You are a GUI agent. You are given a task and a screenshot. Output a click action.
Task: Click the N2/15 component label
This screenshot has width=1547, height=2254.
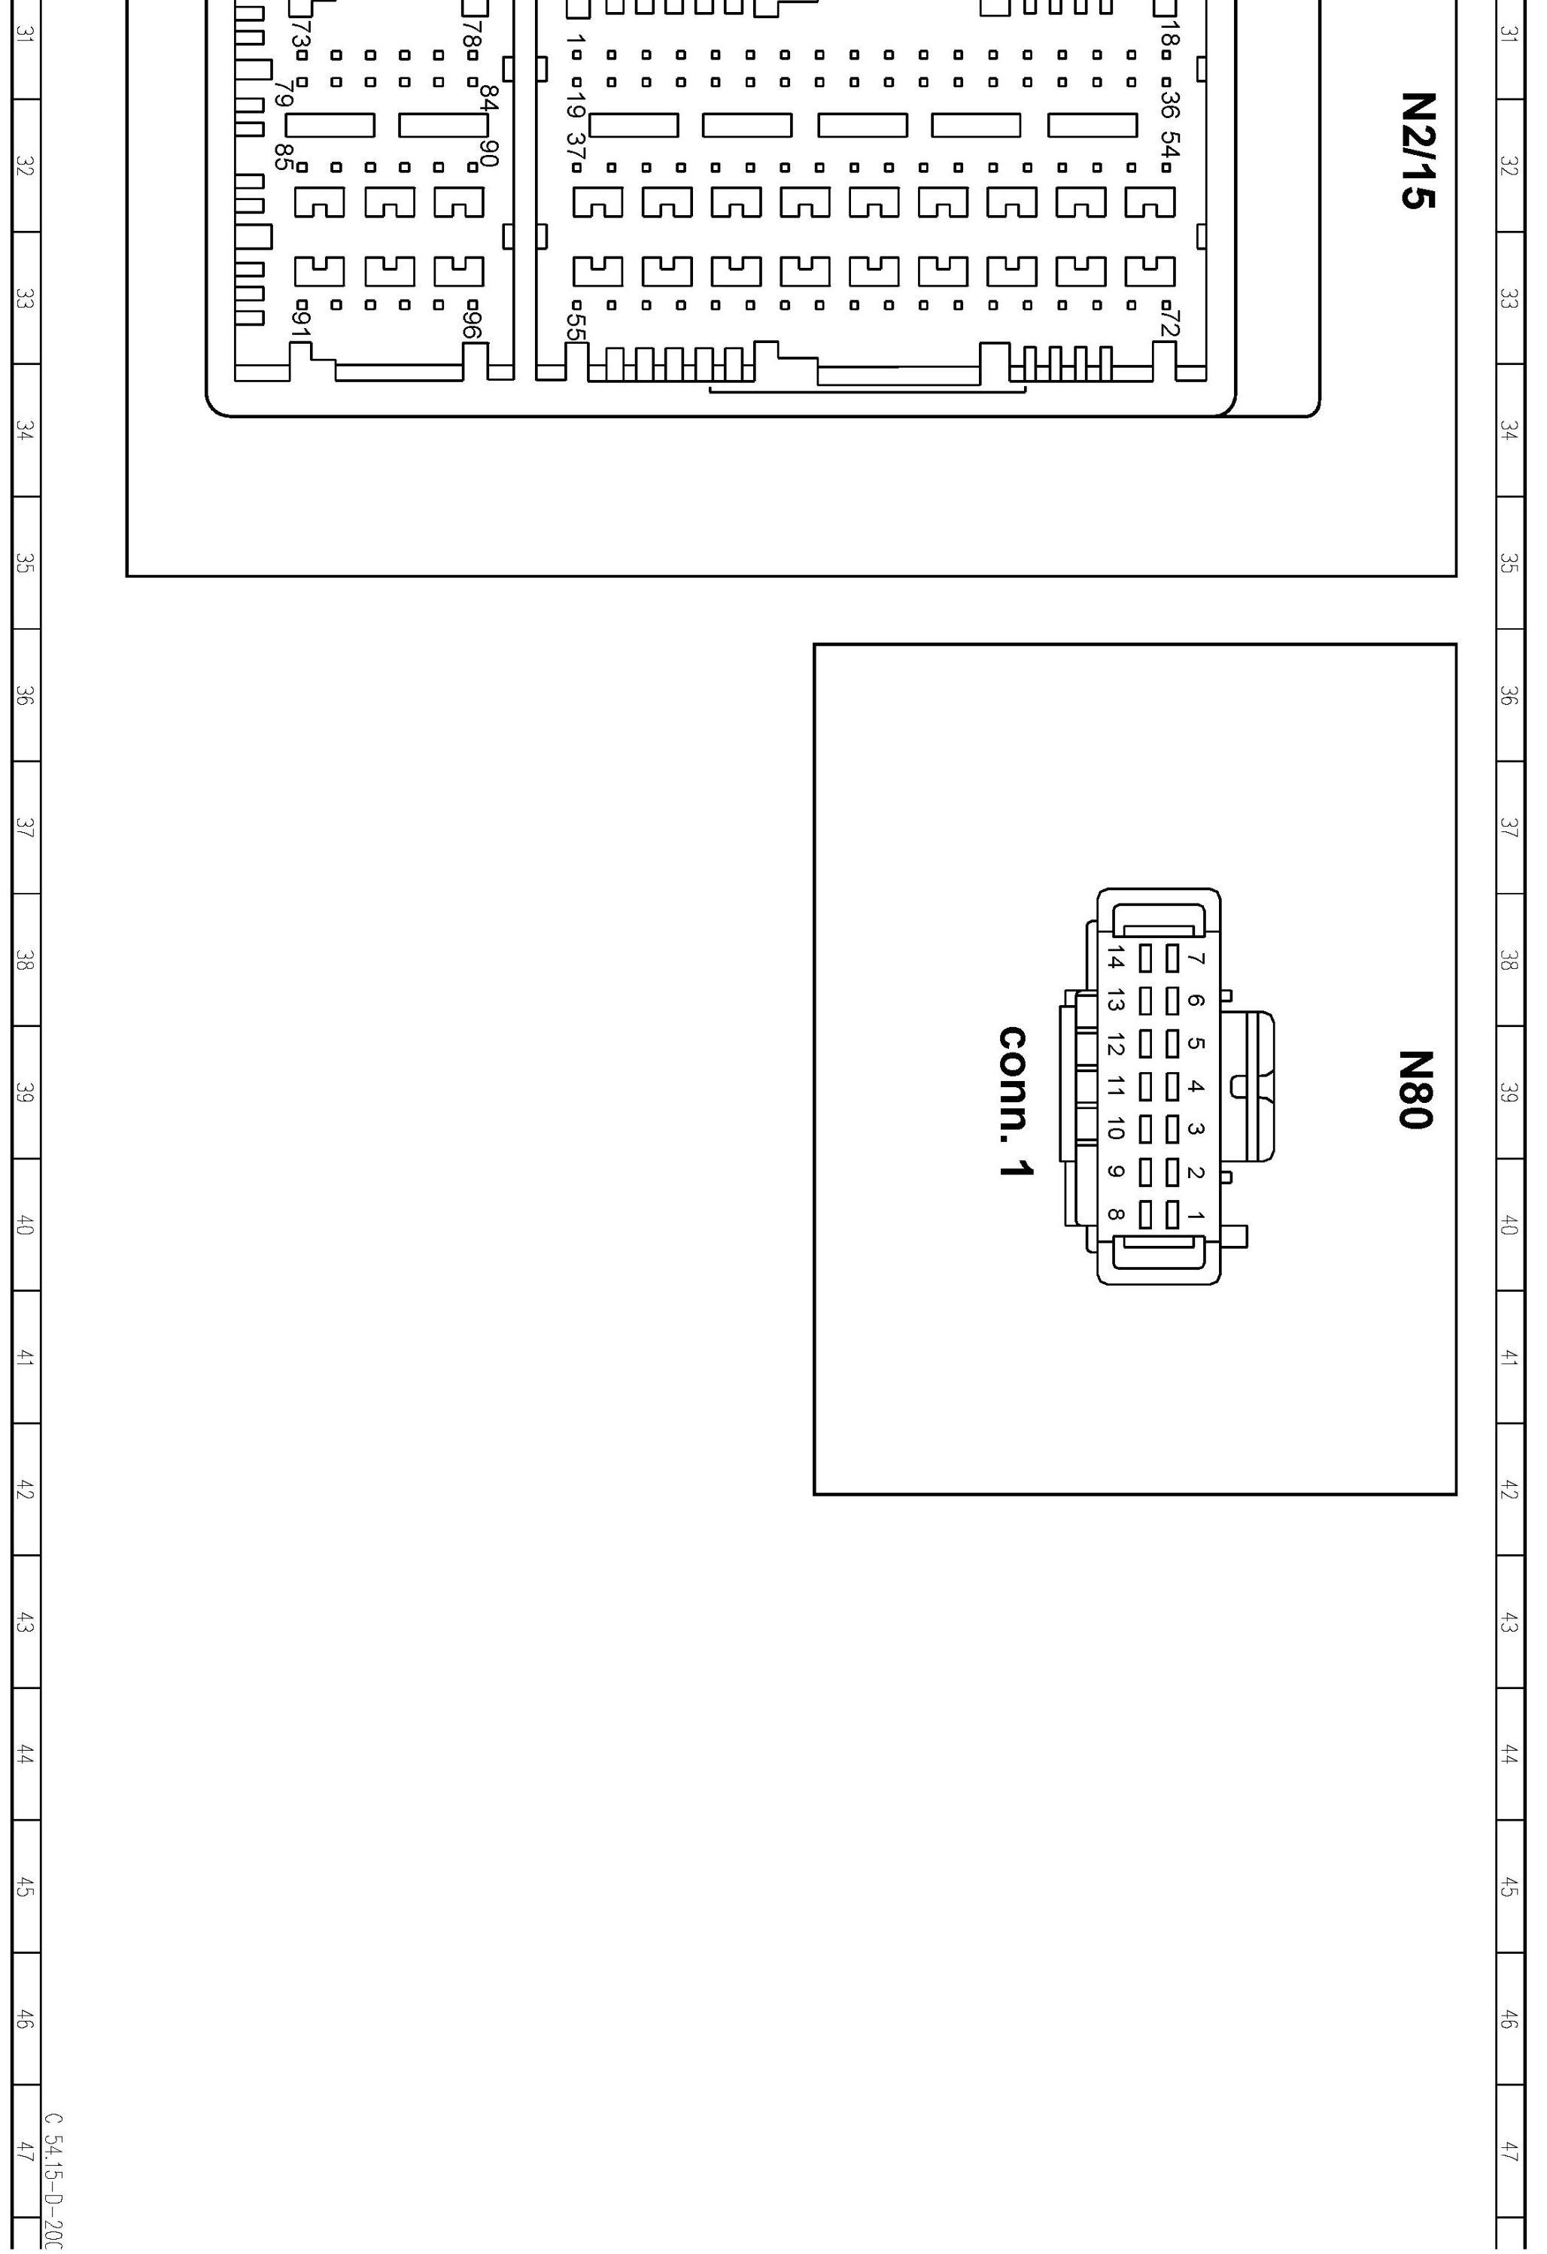pyautogui.click(x=1418, y=150)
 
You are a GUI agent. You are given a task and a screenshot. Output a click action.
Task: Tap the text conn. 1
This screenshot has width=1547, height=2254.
pyautogui.click(x=1016, y=1101)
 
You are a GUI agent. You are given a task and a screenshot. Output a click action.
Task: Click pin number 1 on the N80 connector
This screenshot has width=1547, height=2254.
pyautogui.click(x=1196, y=1215)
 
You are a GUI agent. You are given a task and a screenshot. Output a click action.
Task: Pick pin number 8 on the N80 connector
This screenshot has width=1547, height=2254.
pyautogui.click(x=1115, y=1214)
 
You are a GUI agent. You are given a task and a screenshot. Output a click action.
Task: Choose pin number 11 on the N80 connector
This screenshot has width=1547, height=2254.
pyautogui.click(x=1115, y=1086)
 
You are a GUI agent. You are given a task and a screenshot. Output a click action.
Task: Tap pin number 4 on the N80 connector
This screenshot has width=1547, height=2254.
pyautogui.click(x=1196, y=1086)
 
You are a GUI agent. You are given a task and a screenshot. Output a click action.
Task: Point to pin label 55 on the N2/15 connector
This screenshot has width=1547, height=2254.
pyautogui.click(x=576, y=327)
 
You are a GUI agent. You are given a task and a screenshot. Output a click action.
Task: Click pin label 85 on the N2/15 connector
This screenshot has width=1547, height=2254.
pyautogui.click(x=283, y=157)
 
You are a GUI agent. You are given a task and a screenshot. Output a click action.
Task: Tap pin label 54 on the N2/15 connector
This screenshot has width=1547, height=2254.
pyautogui.click(x=1171, y=147)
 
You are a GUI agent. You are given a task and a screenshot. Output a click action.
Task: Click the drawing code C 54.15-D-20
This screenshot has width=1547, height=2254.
pyautogui.click(x=54, y=2183)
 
